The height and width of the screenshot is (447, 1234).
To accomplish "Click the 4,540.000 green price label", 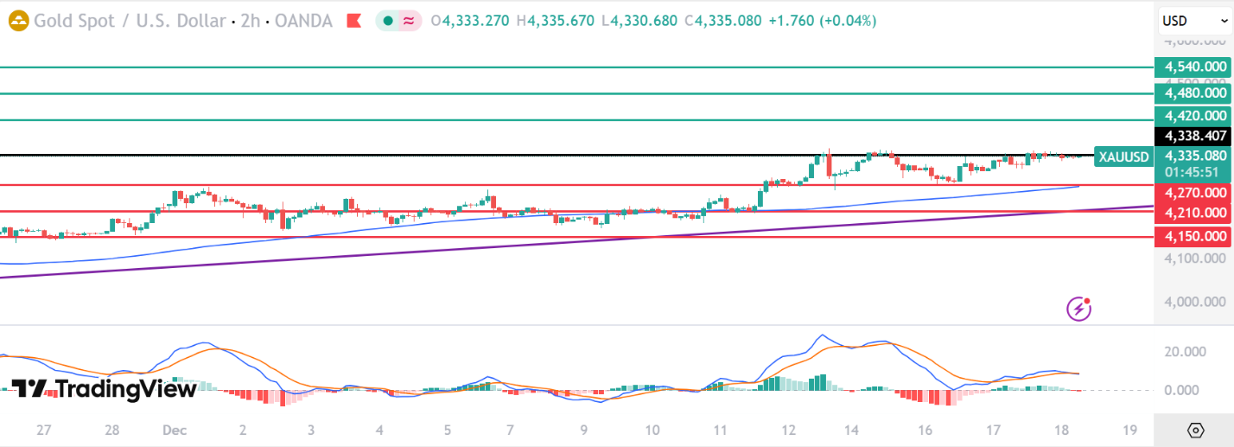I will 1192,67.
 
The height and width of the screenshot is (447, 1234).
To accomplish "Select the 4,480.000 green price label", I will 1192,93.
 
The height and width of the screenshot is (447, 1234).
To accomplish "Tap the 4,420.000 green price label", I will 1192,116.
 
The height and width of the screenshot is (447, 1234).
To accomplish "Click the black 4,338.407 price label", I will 1192,136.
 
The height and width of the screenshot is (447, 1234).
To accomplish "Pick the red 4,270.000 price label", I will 1192,193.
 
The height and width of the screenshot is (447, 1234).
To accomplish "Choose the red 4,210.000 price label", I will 1192,213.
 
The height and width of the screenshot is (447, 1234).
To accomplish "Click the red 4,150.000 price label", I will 1192,236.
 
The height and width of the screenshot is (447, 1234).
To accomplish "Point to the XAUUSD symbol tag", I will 1123,156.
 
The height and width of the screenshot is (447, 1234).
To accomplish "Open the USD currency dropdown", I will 1192,21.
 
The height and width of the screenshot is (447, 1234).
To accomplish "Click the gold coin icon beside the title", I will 17,21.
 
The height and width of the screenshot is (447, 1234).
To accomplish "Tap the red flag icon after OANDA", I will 353,21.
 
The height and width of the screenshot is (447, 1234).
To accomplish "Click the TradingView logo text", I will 105,390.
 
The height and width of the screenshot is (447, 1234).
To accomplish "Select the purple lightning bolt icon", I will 1078,308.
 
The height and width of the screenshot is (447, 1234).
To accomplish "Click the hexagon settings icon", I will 1196,430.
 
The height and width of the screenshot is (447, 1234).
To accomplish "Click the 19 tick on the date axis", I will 1129,430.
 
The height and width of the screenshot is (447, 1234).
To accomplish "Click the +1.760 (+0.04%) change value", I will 822,21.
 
